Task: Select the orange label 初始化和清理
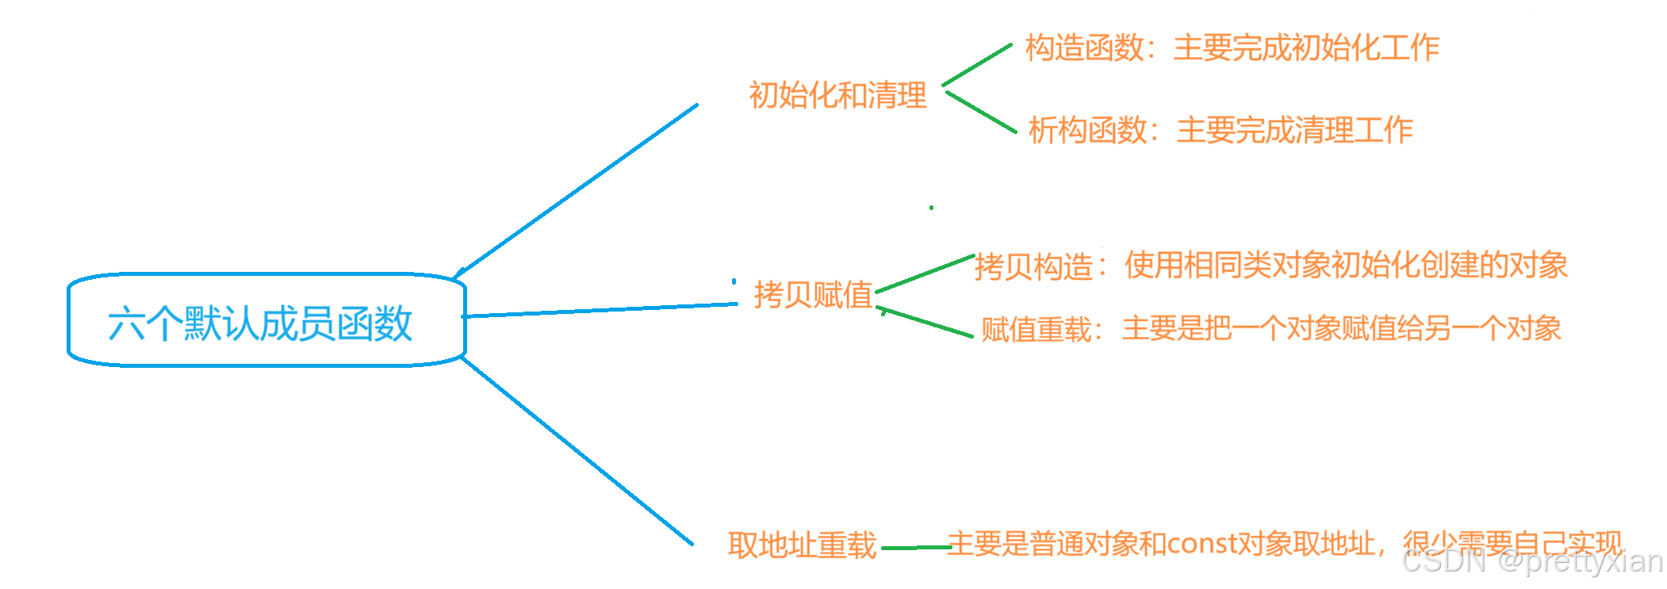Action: click(837, 95)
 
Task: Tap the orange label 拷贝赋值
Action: click(813, 294)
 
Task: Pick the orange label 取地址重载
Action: click(802, 545)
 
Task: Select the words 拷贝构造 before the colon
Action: click(1033, 266)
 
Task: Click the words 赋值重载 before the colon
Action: click(1037, 329)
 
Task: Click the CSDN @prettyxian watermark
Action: click(1532, 561)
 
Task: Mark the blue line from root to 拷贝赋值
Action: click(600, 310)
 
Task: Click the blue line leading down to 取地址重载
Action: click(577, 451)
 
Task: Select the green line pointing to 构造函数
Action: click(977, 65)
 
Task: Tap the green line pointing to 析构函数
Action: click(981, 112)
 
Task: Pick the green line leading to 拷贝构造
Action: click(925, 273)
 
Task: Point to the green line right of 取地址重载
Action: click(916, 547)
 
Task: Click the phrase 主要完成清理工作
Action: click(1294, 130)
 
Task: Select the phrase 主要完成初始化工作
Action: click(1306, 48)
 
